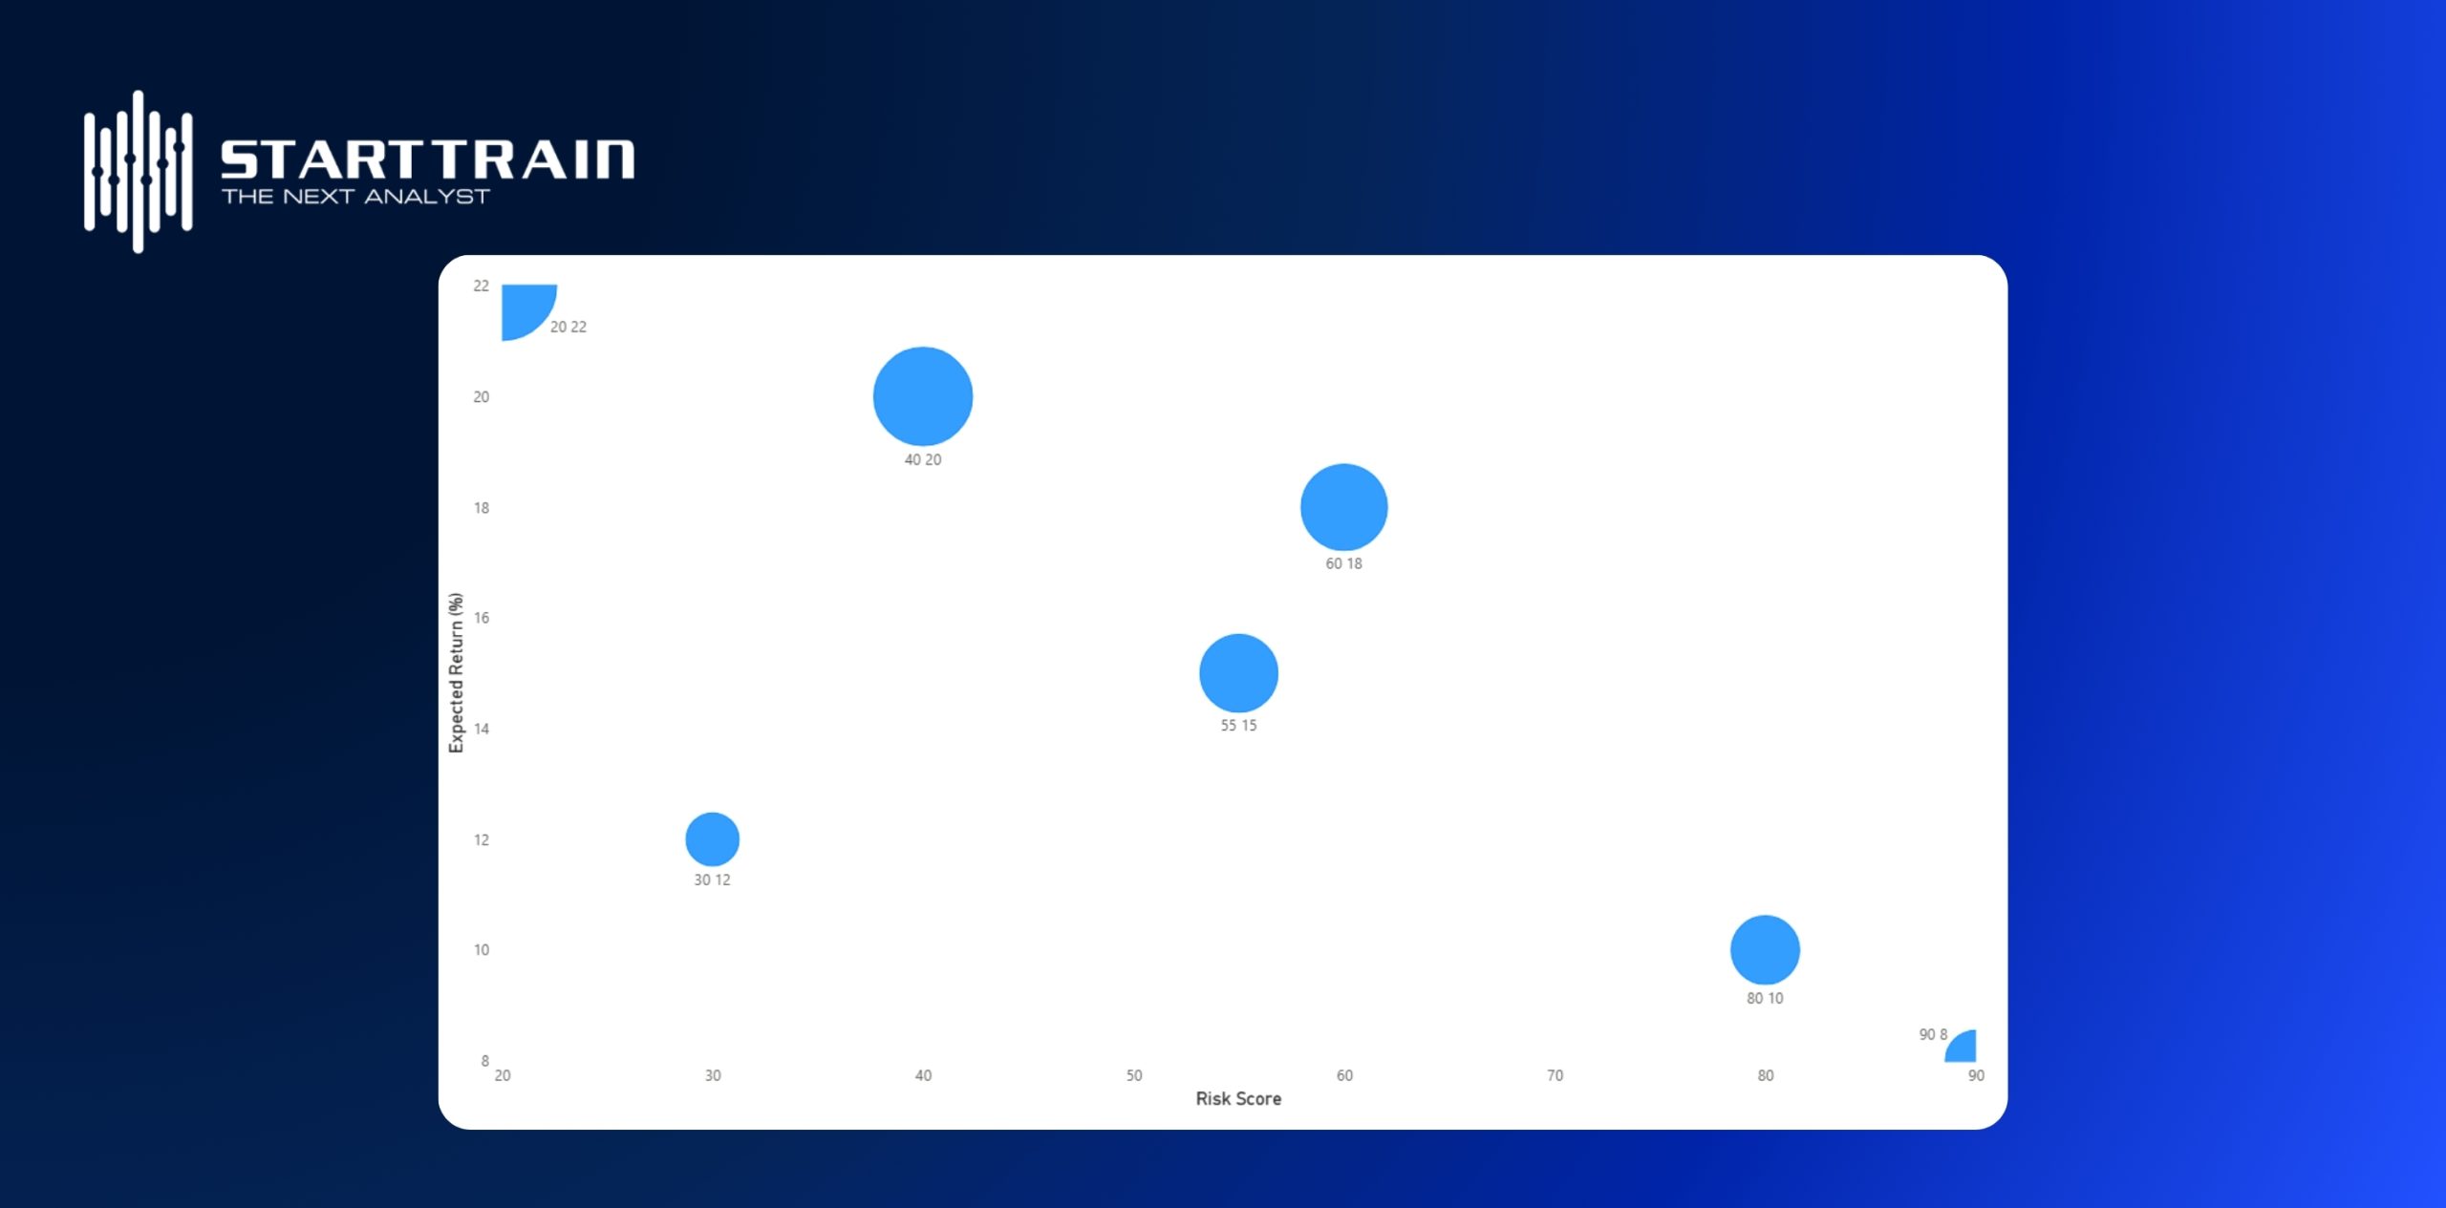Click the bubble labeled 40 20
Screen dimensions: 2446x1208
(x=923, y=396)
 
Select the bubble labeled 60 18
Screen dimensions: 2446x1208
(x=1343, y=507)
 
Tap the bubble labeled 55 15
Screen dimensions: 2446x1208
(x=1238, y=673)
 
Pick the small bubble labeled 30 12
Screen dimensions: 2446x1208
(x=713, y=839)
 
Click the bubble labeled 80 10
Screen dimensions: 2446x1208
(x=1765, y=950)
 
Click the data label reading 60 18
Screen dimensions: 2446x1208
(x=1343, y=563)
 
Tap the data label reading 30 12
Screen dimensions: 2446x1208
(x=712, y=880)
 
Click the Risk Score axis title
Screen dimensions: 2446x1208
(x=1238, y=1098)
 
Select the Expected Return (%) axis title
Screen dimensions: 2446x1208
(x=456, y=672)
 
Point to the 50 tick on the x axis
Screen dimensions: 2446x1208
(x=1134, y=1075)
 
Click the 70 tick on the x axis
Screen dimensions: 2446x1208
(x=1556, y=1075)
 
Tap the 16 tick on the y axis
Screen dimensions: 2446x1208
(x=482, y=618)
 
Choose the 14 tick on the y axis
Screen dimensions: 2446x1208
(x=482, y=729)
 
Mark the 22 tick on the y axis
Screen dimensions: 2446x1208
(x=482, y=286)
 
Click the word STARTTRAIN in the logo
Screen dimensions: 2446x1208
(x=427, y=159)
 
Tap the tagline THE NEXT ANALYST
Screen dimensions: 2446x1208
(x=355, y=196)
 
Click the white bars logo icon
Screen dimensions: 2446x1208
(x=139, y=172)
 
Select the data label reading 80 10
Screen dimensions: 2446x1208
(x=1765, y=998)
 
